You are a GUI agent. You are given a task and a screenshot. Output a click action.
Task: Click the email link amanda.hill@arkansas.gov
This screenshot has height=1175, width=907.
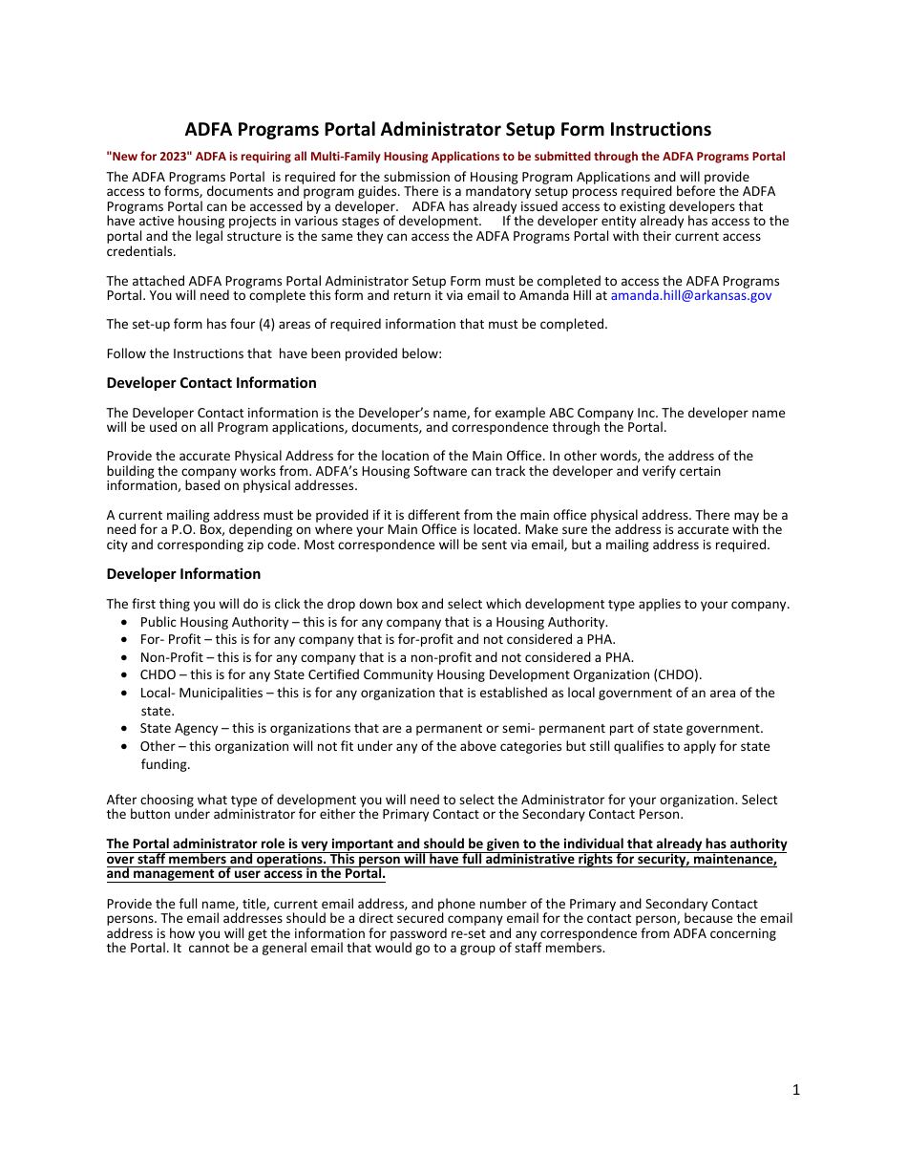[x=690, y=296]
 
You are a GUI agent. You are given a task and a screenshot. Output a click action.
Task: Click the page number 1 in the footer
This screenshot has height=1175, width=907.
[x=795, y=1090]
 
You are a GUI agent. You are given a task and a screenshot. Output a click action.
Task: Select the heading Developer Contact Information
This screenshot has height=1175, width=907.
[x=211, y=383]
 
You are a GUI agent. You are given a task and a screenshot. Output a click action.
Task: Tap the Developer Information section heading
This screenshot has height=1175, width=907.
[x=183, y=574]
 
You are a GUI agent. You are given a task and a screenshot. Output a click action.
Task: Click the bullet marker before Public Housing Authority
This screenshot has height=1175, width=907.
[x=127, y=623]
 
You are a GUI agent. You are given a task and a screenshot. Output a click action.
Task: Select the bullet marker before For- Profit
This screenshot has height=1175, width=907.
[x=127, y=640]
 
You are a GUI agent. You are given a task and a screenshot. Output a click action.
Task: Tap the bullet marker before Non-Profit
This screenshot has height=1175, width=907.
[x=127, y=658]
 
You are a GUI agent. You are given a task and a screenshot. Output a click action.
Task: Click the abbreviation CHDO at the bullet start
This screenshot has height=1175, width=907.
[x=158, y=675]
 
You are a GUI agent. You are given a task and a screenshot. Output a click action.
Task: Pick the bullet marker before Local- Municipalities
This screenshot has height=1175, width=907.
[x=127, y=694]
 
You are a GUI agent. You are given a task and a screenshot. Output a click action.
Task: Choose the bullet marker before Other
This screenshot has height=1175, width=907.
[x=127, y=747]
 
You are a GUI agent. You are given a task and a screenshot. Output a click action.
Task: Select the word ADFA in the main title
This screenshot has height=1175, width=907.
[x=208, y=130]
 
